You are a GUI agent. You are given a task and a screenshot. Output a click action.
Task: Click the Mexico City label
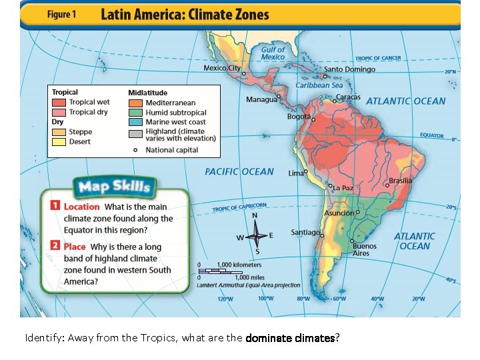222,68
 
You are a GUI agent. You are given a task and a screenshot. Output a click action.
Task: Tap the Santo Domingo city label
349,69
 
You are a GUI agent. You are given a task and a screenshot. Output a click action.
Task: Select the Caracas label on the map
347,97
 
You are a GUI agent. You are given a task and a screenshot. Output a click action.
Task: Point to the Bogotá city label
299,117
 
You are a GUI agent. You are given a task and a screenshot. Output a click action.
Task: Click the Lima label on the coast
295,173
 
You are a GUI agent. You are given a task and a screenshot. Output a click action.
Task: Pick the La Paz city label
343,188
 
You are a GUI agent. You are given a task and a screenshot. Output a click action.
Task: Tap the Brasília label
400,181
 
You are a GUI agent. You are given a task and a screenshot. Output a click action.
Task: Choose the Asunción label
339,213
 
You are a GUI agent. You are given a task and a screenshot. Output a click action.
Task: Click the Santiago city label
305,233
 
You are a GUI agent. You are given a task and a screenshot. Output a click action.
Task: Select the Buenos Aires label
364,249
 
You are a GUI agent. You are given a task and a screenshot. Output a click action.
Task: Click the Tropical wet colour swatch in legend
59,103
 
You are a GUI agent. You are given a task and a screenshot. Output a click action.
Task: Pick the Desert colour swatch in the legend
59,141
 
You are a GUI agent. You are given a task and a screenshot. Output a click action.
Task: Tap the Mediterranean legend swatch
135,103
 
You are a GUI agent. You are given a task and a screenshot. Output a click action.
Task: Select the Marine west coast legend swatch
135,122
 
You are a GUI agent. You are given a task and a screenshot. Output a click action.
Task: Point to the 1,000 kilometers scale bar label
239,265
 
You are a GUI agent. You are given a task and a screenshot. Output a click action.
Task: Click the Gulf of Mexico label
273,53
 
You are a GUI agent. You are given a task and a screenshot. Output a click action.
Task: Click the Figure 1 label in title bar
60,15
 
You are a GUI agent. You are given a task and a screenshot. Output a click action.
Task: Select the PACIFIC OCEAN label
239,171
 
